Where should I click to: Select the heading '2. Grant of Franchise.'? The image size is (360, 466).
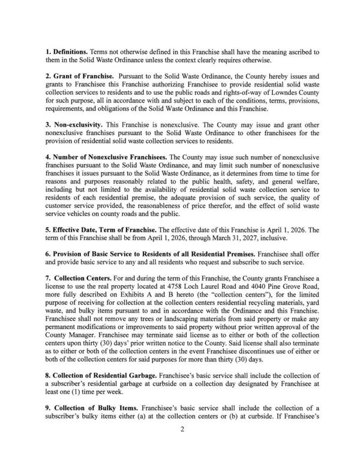pos(79,77)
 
